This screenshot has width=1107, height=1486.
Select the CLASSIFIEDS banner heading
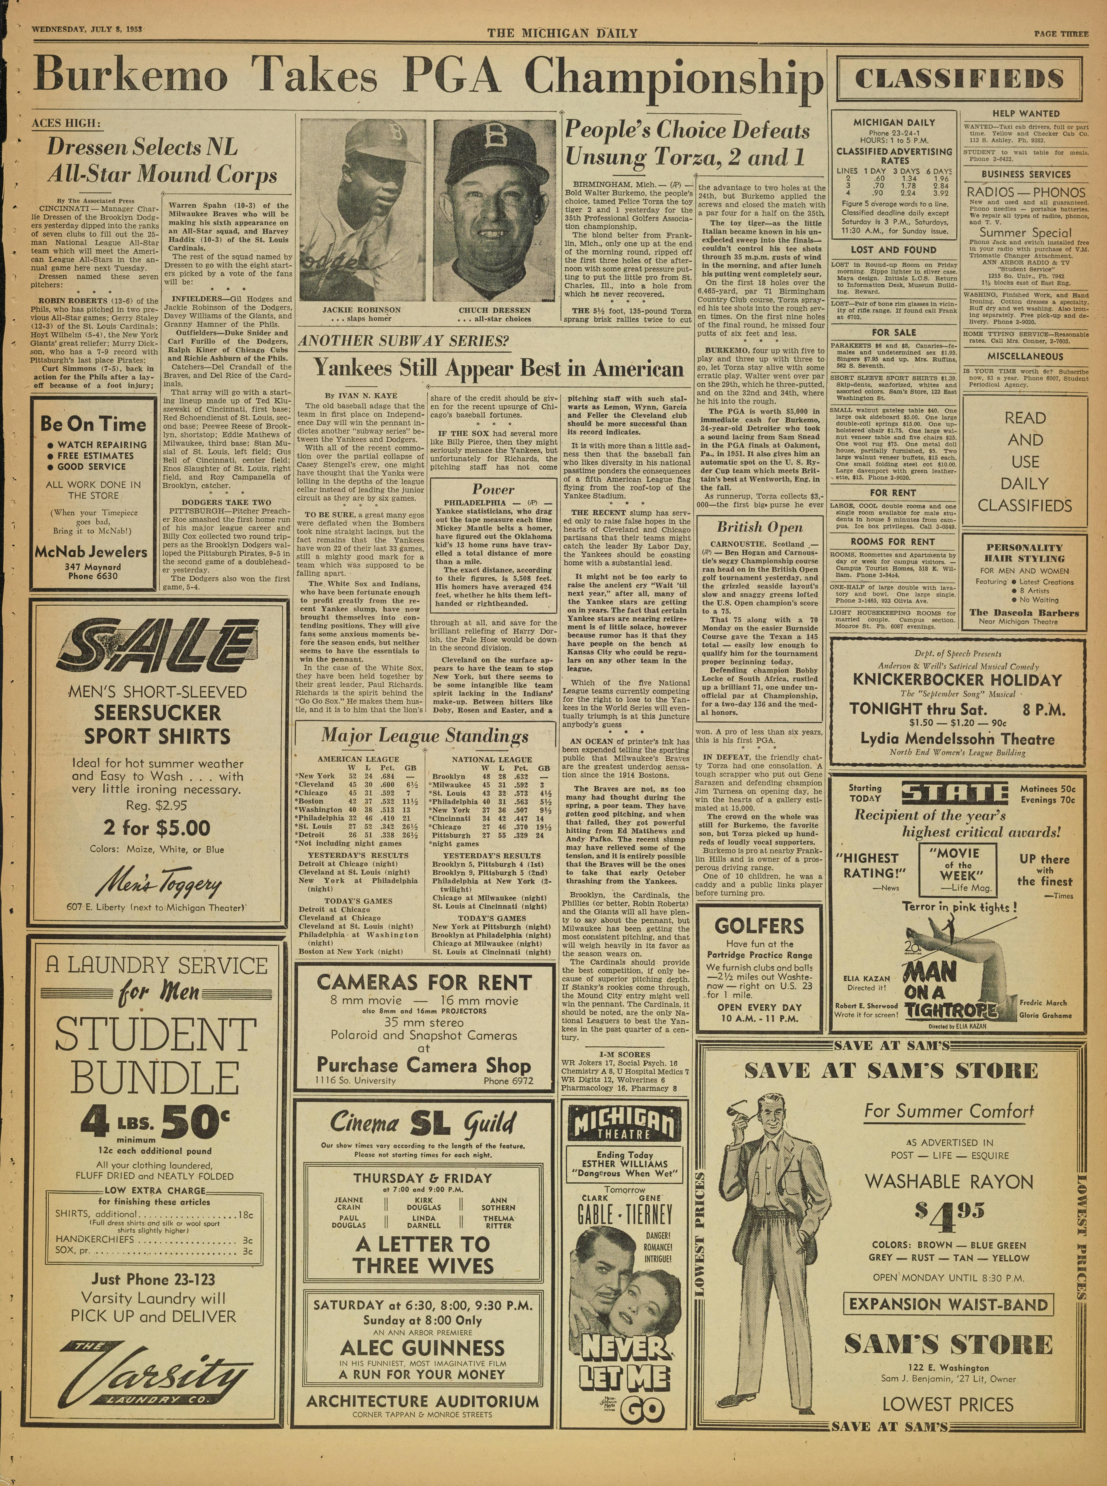click(960, 79)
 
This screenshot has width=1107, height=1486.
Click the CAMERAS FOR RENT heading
click(424, 982)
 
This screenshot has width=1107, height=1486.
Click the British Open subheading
click(759, 527)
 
